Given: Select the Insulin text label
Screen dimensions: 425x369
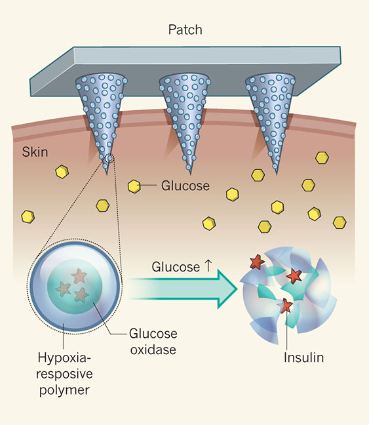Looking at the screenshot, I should [303, 358].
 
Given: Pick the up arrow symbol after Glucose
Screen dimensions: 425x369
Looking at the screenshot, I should [208, 267].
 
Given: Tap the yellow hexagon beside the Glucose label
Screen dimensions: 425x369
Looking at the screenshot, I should [134, 186].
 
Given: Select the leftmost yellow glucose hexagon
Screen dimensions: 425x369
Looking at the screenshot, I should [28, 216].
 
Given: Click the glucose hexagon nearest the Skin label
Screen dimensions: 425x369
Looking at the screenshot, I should [62, 172].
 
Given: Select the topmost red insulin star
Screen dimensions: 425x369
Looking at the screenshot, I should [256, 262].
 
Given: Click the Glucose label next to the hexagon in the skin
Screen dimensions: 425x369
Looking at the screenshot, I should [185, 186].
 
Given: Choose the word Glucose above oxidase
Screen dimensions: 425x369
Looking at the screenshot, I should [150, 334].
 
